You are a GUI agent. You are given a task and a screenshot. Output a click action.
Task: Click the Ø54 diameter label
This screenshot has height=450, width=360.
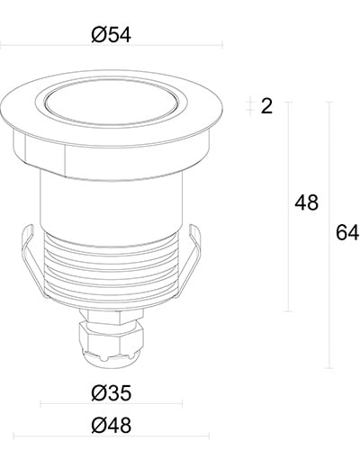pos(112,35)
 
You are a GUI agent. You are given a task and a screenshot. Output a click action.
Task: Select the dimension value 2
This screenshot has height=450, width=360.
pos(265,106)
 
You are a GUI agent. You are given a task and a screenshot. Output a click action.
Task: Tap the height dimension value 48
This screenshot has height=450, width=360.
pos(306,203)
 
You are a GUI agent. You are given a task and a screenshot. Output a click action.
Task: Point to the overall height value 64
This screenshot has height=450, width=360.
pos(346,232)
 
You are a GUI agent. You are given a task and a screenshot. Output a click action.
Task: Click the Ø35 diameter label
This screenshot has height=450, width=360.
pos(112,393)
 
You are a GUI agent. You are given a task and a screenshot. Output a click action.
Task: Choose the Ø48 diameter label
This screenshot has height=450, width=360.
pos(112,426)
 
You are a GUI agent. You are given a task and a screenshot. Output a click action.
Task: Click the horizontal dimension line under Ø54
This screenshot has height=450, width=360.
pos(112,46)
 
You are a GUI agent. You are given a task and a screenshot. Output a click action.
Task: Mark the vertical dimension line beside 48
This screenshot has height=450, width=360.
pos(288,207)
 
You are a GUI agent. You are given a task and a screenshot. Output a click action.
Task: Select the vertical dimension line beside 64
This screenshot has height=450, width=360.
pos(329,234)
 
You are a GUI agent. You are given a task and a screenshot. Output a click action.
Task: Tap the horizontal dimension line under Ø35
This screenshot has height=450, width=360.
pos(112,406)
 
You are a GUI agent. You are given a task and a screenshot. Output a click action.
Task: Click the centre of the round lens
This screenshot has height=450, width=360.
pos(112,101)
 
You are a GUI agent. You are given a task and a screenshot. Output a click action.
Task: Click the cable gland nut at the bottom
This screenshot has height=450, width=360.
pos(112,340)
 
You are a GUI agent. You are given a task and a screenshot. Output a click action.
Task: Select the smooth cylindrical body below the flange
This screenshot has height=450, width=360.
pos(112,193)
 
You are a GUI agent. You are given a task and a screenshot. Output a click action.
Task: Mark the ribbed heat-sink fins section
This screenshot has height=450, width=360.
pos(112,270)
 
